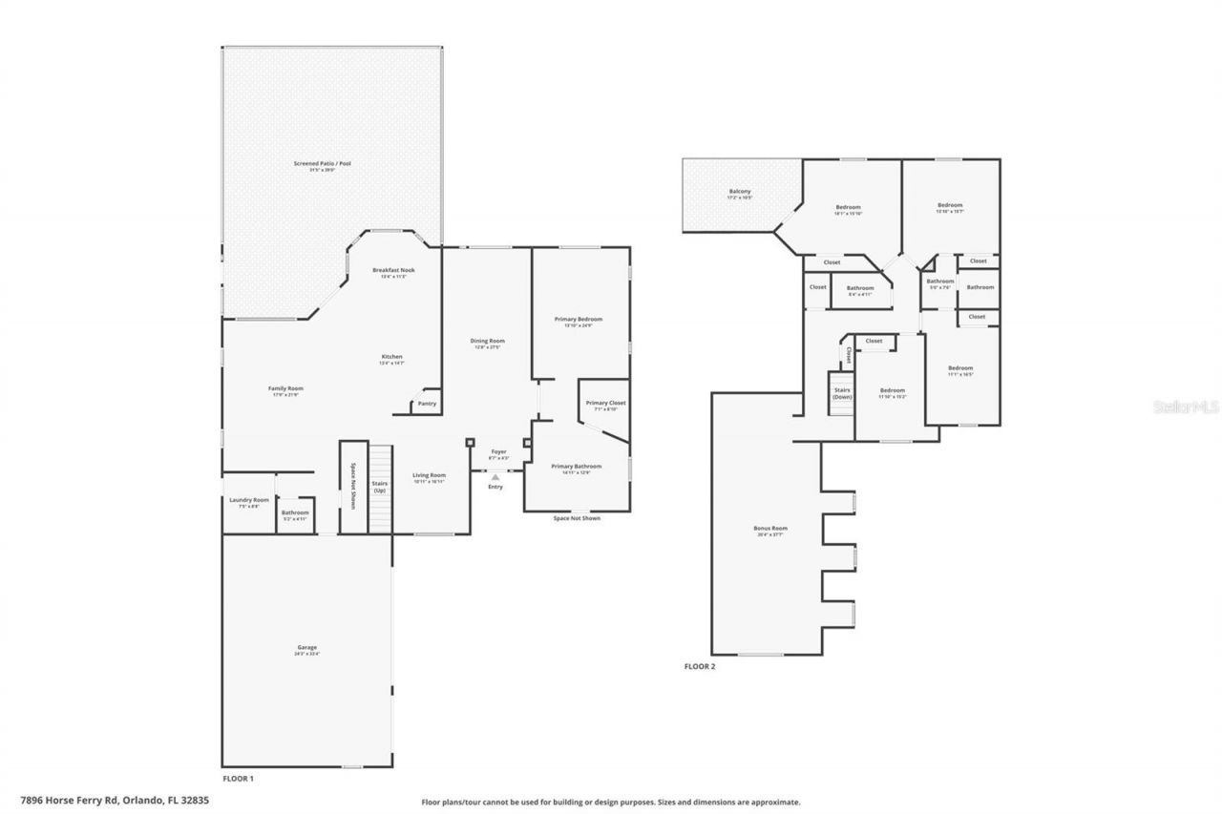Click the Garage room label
point(306,648)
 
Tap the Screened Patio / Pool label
point(323,164)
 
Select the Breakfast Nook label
point(393,270)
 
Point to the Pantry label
point(427,405)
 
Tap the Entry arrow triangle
point(495,477)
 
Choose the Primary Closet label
point(605,404)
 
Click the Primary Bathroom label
point(577,467)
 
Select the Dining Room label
point(487,341)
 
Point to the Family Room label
point(284,388)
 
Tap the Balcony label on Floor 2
point(740,192)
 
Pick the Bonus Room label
point(769,528)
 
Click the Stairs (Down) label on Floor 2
point(842,393)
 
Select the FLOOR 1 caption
point(238,779)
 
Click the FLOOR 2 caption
point(699,666)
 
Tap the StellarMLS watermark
point(1187,407)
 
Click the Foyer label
point(499,451)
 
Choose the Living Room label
point(429,475)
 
